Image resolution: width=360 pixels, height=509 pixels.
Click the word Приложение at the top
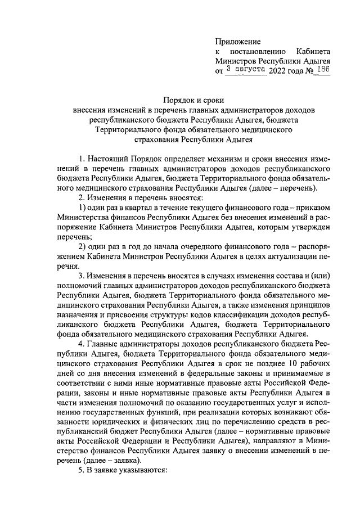pyautogui.click(x=238, y=42)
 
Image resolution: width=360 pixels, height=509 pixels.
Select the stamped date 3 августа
pyautogui.click(x=246, y=69)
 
